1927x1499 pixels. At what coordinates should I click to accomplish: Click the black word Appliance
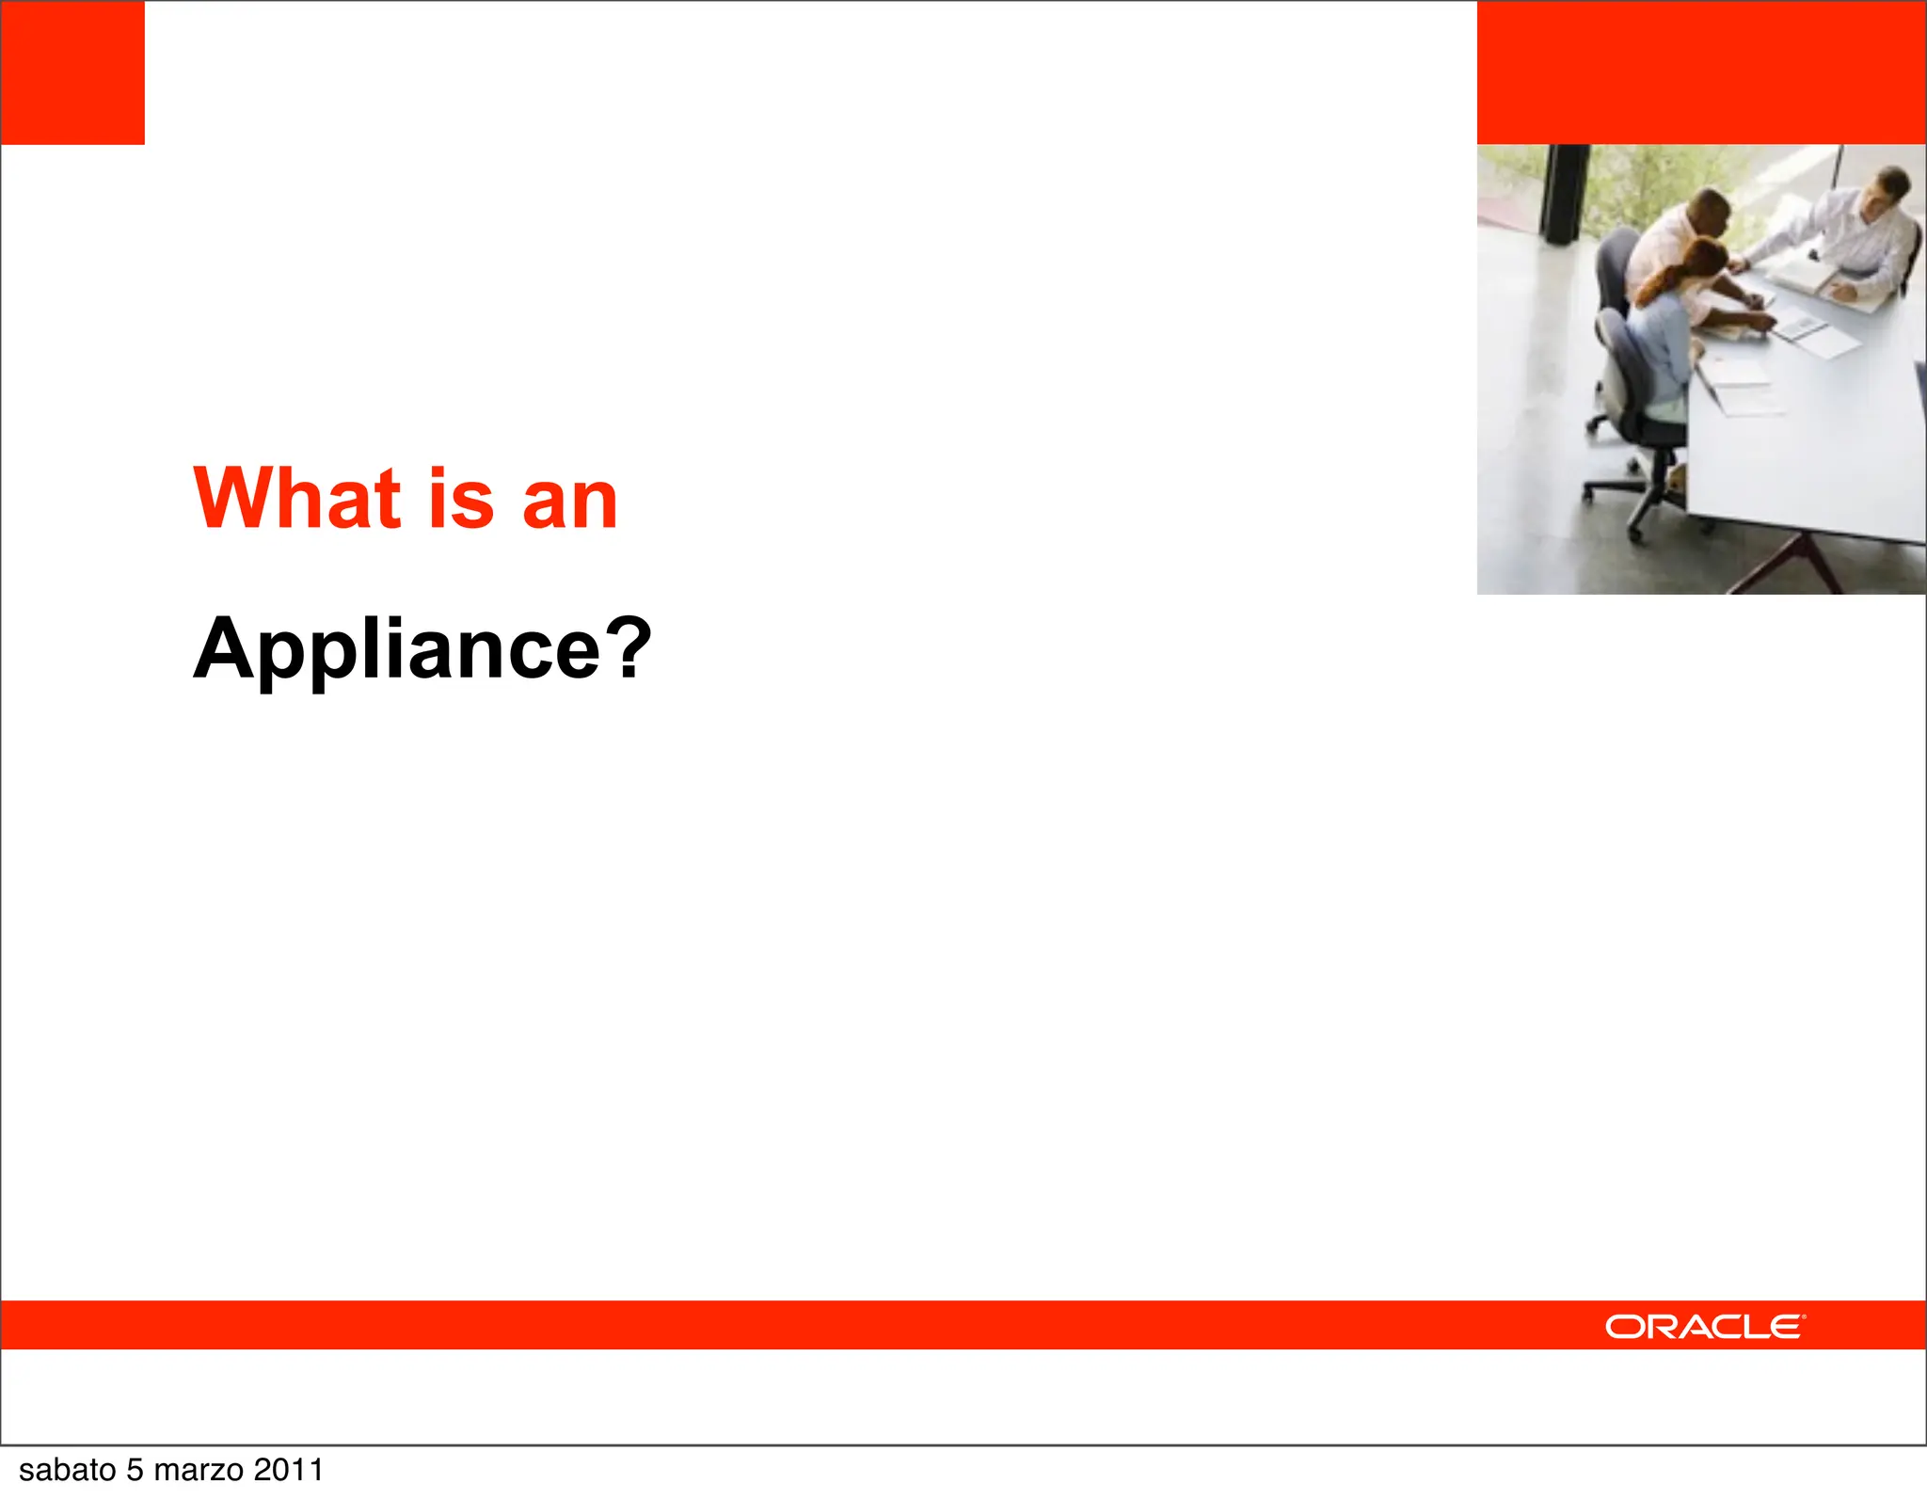tap(396, 649)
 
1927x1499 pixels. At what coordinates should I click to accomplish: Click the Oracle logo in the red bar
tap(1705, 1327)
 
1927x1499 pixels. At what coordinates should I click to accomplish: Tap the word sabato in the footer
tap(67, 1470)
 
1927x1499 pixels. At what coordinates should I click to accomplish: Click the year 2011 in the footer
tap(288, 1470)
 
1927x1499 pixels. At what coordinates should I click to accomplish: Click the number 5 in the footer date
tap(135, 1470)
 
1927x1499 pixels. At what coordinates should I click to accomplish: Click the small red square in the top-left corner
tap(72, 72)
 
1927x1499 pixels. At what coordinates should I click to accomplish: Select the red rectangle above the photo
tap(1701, 72)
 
